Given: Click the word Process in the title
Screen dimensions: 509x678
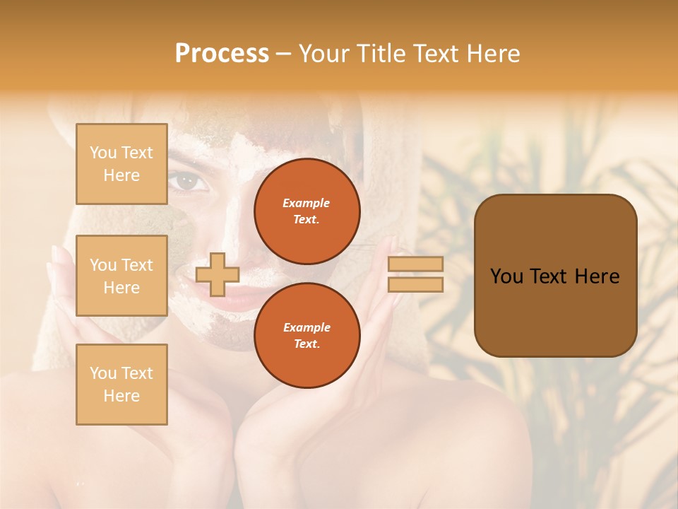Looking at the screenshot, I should pyautogui.click(x=222, y=54).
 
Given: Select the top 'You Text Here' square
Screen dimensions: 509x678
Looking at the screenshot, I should pyautogui.click(x=121, y=164).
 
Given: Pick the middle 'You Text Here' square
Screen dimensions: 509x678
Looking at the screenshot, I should pyautogui.click(x=121, y=276).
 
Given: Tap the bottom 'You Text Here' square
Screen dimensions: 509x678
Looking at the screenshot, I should pyautogui.click(x=121, y=384).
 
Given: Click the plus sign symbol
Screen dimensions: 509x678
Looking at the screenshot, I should pyautogui.click(x=217, y=274).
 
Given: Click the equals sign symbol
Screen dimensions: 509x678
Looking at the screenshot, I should pyautogui.click(x=415, y=274).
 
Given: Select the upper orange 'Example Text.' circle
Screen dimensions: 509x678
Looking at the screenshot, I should pyautogui.click(x=307, y=211).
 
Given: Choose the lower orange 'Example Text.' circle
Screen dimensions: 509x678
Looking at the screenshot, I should pyautogui.click(x=307, y=336).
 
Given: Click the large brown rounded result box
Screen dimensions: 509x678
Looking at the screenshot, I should pyautogui.click(x=555, y=276).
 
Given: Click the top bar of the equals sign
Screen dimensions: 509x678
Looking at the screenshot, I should pyautogui.click(x=415, y=264).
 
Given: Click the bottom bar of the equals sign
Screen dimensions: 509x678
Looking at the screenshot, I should pyautogui.click(x=415, y=285).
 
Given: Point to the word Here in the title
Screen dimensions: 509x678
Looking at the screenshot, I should pyautogui.click(x=494, y=54).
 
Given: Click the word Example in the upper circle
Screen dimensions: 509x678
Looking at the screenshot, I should pyautogui.click(x=307, y=203).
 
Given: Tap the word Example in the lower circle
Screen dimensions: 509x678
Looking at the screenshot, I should pyautogui.click(x=307, y=327).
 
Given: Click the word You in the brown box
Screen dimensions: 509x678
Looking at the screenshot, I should pyautogui.click(x=506, y=276).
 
